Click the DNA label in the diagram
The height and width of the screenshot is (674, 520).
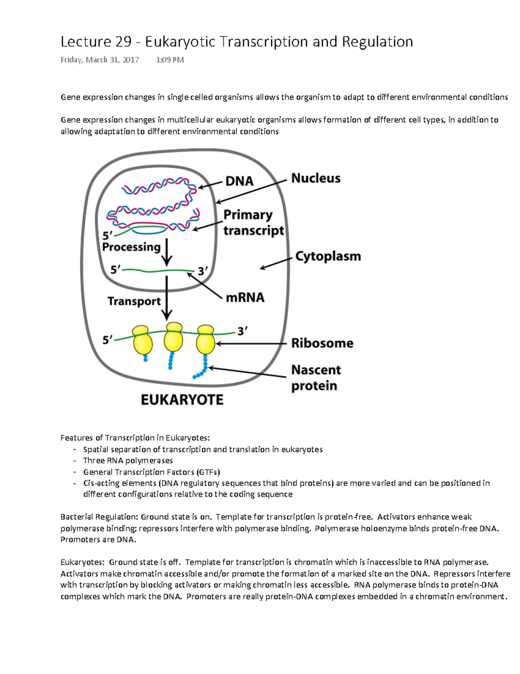[239, 181]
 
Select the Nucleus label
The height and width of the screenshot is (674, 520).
[315, 178]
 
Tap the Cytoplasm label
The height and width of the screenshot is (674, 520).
[328, 256]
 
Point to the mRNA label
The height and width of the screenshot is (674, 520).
[245, 297]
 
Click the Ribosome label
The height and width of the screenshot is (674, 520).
[322, 343]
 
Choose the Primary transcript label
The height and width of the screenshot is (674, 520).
[253, 223]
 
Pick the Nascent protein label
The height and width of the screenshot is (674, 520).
[315, 378]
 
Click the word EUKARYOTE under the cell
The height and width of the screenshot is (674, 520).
[182, 400]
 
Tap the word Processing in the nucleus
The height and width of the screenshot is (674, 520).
[131, 247]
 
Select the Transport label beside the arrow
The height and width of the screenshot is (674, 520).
[134, 301]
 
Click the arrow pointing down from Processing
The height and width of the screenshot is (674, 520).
[167, 253]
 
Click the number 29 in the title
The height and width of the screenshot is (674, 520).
[123, 42]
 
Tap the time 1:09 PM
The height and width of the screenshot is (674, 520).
[169, 60]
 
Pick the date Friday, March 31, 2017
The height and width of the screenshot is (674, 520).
[100, 60]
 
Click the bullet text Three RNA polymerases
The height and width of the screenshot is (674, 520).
[128, 460]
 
